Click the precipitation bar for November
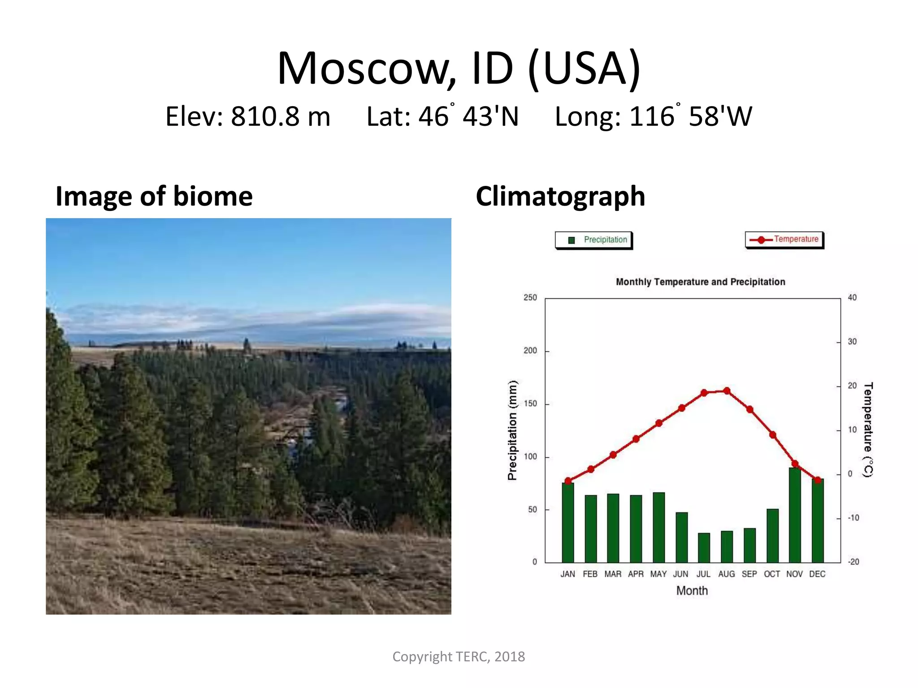[795, 515]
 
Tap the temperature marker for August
[727, 391]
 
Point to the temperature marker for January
[568, 481]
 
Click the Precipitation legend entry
[594, 240]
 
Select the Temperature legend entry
[784, 240]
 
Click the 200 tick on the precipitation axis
[530, 351]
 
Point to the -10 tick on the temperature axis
[853, 518]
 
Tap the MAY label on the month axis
[658, 574]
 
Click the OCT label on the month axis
[772, 574]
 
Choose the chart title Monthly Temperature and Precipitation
[700, 282]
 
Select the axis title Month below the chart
[692, 591]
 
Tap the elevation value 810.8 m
[280, 116]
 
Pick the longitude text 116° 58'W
[690, 116]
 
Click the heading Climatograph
[560, 196]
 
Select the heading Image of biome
[154, 196]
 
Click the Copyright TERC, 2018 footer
[459, 657]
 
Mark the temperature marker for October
[772, 435]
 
